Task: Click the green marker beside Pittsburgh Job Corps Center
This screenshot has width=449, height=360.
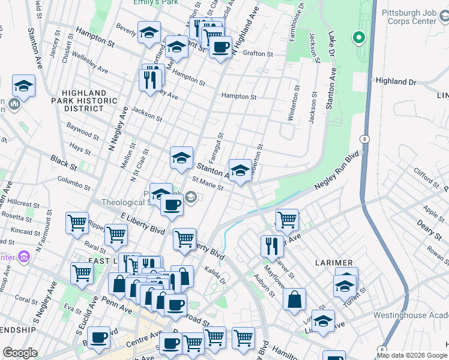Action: click(x=359, y=38)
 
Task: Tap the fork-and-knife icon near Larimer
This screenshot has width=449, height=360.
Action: click(x=272, y=245)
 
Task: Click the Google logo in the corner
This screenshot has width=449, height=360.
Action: click(x=20, y=353)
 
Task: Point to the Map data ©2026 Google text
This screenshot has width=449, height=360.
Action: click(x=412, y=355)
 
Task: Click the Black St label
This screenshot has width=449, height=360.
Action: click(x=60, y=162)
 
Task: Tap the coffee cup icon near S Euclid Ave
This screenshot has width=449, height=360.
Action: click(x=98, y=338)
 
